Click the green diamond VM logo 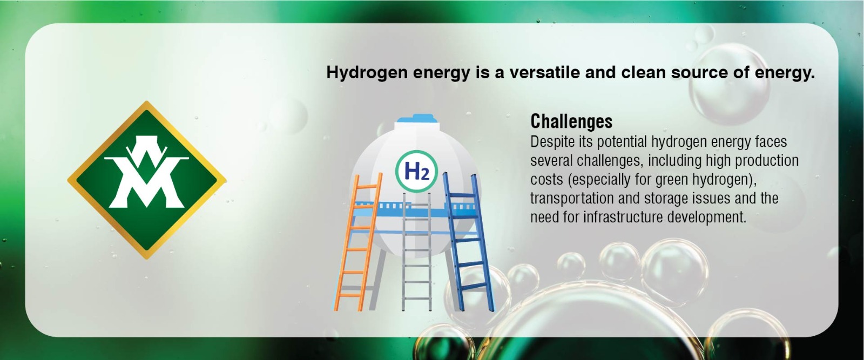(146, 180)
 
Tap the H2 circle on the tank (416, 171)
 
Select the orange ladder (357, 243)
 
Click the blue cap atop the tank (417, 118)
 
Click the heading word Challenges (571, 121)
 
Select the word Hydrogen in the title (367, 73)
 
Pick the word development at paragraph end (707, 218)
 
